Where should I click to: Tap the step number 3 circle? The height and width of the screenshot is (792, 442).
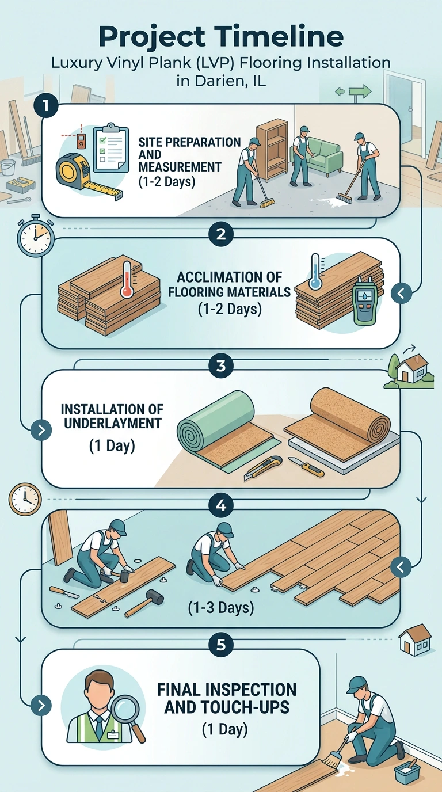(220, 365)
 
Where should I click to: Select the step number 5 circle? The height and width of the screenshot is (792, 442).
(220, 645)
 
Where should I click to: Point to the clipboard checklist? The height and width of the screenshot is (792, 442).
(110, 148)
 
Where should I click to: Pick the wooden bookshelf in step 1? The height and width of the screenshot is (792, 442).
(272, 149)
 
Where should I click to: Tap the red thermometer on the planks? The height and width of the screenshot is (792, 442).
(127, 279)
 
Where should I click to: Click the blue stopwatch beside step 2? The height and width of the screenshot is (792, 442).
(35, 235)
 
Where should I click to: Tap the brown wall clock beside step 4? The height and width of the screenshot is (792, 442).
(25, 500)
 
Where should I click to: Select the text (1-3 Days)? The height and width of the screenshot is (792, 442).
(221, 607)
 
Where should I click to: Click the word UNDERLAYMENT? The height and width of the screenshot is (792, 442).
(113, 423)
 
